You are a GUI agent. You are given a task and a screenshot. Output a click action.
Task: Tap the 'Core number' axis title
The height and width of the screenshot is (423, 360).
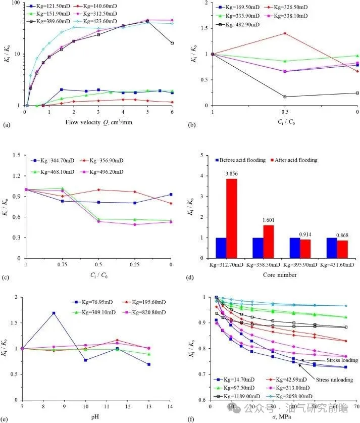(x=280, y=274)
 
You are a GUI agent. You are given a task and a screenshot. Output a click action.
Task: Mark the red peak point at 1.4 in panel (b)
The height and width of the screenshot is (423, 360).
(x=285, y=33)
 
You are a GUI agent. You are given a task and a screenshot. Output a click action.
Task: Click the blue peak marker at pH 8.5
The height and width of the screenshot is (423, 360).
(x=54, y=313)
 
